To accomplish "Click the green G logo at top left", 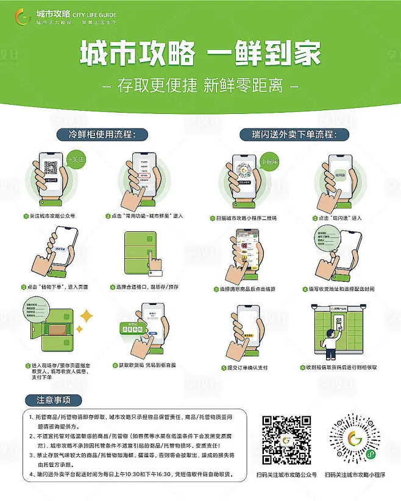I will (x=23, y=16).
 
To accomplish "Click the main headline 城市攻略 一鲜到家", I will (x=200, y=55).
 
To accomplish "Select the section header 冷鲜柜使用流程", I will (x=104, y=134).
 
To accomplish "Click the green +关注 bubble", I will (x=77, y=159).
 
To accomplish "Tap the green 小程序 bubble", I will (x=268, y=163).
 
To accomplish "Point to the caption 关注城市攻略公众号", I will (x=51, y=216).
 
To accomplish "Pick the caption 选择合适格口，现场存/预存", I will (x=146, y=287).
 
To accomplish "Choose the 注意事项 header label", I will (x=54, y=400).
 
